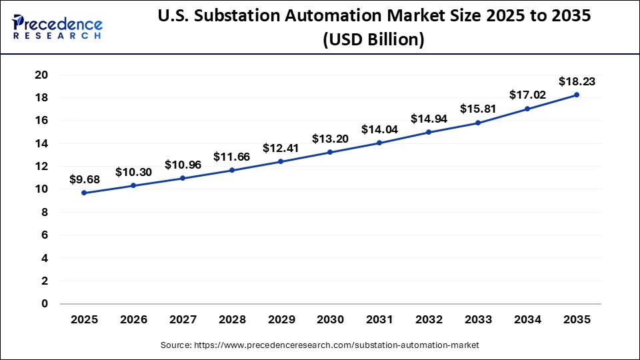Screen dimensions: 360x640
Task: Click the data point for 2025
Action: click(x=84, y=193)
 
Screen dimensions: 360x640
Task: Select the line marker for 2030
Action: click(x=330, y=152)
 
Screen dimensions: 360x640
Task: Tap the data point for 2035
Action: click(x=577, y=95)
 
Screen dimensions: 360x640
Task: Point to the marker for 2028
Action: click(x=232, y=170)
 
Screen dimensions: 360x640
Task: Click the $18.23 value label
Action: click(x=577, y=82)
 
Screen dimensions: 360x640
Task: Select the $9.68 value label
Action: click(x=84, y=179)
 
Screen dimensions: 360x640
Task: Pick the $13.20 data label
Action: click(x=330, y=139)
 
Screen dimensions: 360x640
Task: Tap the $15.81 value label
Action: click(x=478, y=109)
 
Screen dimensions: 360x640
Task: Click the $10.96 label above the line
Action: click(x=183, y=165)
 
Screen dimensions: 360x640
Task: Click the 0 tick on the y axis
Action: click(x=45, y=304)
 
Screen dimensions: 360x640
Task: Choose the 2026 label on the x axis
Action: click(x=133, y=321)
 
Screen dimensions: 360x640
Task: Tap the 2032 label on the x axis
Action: click(x=429, y=321)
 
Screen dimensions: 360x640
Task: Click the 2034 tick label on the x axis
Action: click(x=527, y=321)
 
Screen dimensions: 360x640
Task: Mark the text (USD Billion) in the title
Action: click(x=373, y=40)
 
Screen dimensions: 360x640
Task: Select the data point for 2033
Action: click(x=478, y=123)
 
